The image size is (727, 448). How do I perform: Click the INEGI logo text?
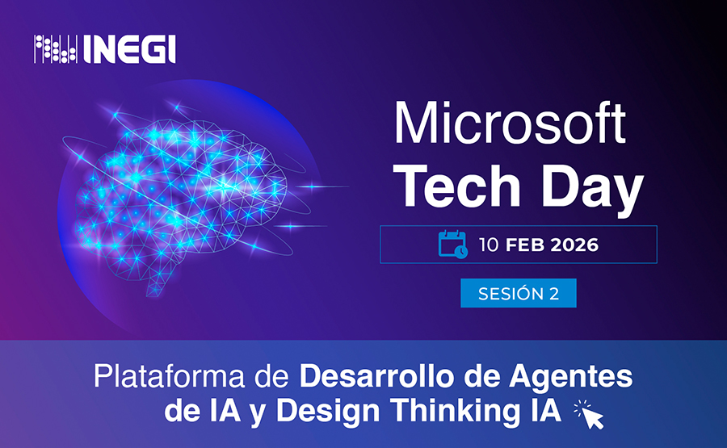pos(130,49)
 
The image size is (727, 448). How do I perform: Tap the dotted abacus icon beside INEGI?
pos(56,49)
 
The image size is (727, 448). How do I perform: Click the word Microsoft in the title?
pos(510,123)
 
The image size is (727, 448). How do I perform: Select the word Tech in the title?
pos(458,186)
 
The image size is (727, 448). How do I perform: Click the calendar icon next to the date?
pos(453,244)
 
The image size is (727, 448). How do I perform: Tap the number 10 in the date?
pos(489,245)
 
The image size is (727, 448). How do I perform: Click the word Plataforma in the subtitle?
pos(170,377)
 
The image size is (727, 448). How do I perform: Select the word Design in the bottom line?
pos(328,412)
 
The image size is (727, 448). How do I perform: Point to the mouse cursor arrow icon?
pos(590,415)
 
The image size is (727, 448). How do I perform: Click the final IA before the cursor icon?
pos(546,411)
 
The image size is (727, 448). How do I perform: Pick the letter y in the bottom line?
pos(258,414)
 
